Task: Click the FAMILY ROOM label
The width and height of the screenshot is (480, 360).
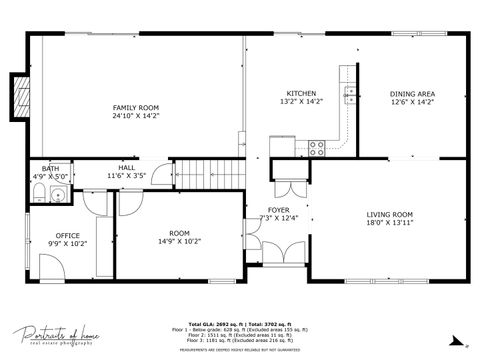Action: [x=135, y=108]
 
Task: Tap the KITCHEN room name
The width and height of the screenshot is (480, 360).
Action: [x=301, y=93]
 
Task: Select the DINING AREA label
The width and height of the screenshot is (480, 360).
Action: [x=412, y=93]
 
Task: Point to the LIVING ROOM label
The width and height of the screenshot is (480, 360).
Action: [x=390, y=214]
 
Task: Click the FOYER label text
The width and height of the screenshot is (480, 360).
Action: [x=278, y=210]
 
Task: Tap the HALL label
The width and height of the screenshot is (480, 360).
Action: [x=127, y=167]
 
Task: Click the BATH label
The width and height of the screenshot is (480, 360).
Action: [x=49, y=168]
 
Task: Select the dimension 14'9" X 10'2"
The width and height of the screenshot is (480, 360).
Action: [x=179, y=241]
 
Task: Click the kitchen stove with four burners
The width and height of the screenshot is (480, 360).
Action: [x=316, y=147]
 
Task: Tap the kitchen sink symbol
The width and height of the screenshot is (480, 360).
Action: [x=351, y=95]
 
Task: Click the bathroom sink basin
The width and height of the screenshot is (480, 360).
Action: [x=57, y=194]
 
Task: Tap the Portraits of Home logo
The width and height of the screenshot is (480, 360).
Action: [x=51, y=336]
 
